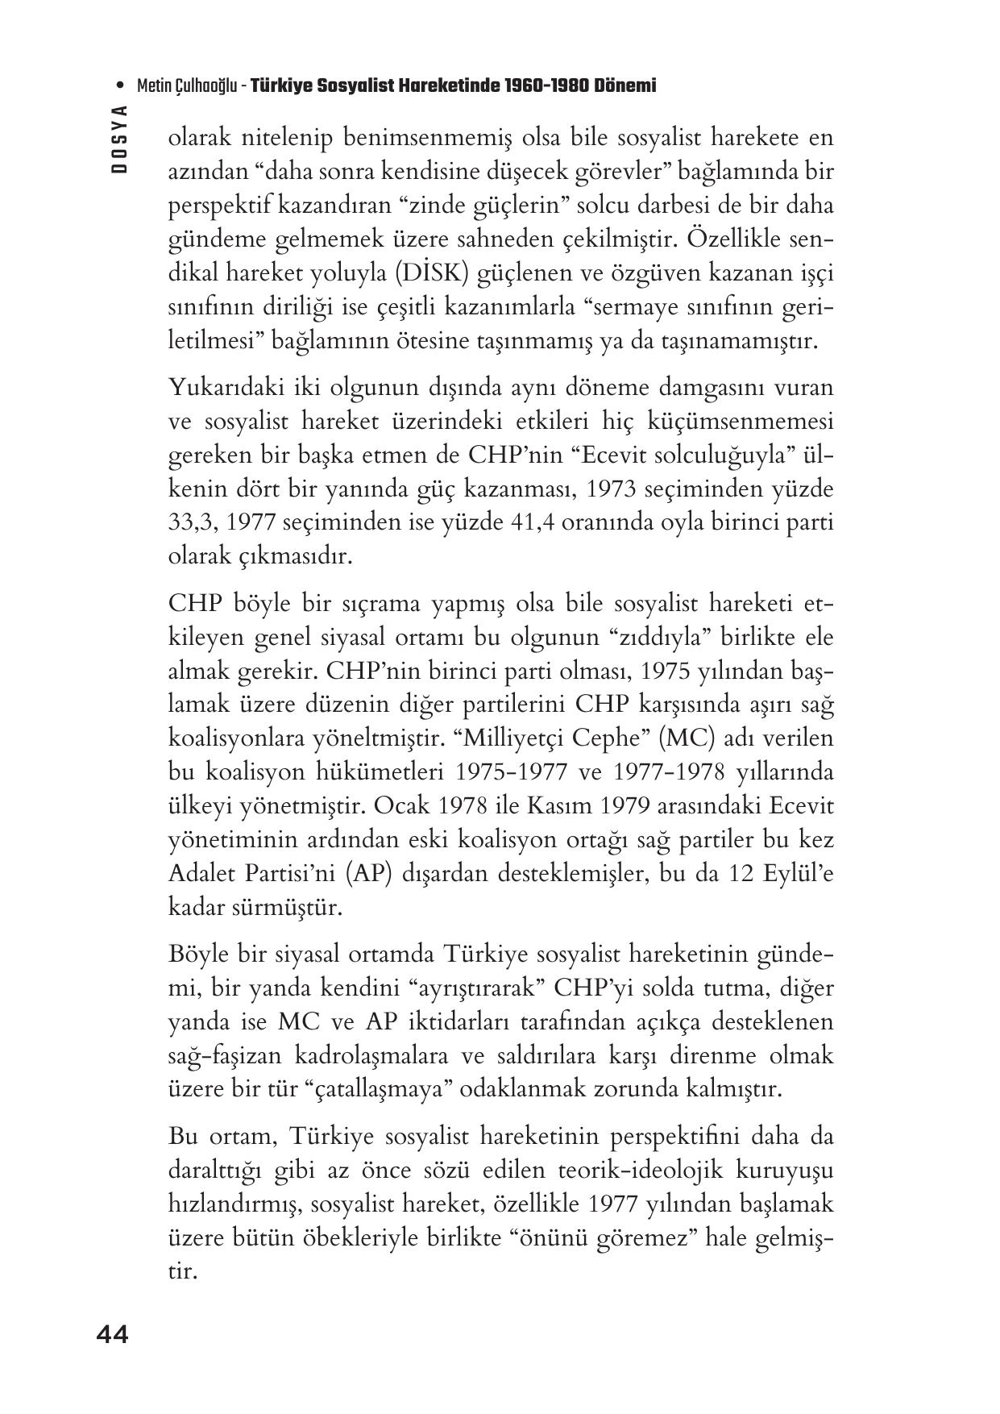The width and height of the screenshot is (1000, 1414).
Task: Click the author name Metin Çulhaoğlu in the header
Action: click(187, 85)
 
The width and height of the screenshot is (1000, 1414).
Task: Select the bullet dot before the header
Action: click(120, 85)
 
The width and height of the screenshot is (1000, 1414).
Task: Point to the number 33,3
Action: click(191, 522)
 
